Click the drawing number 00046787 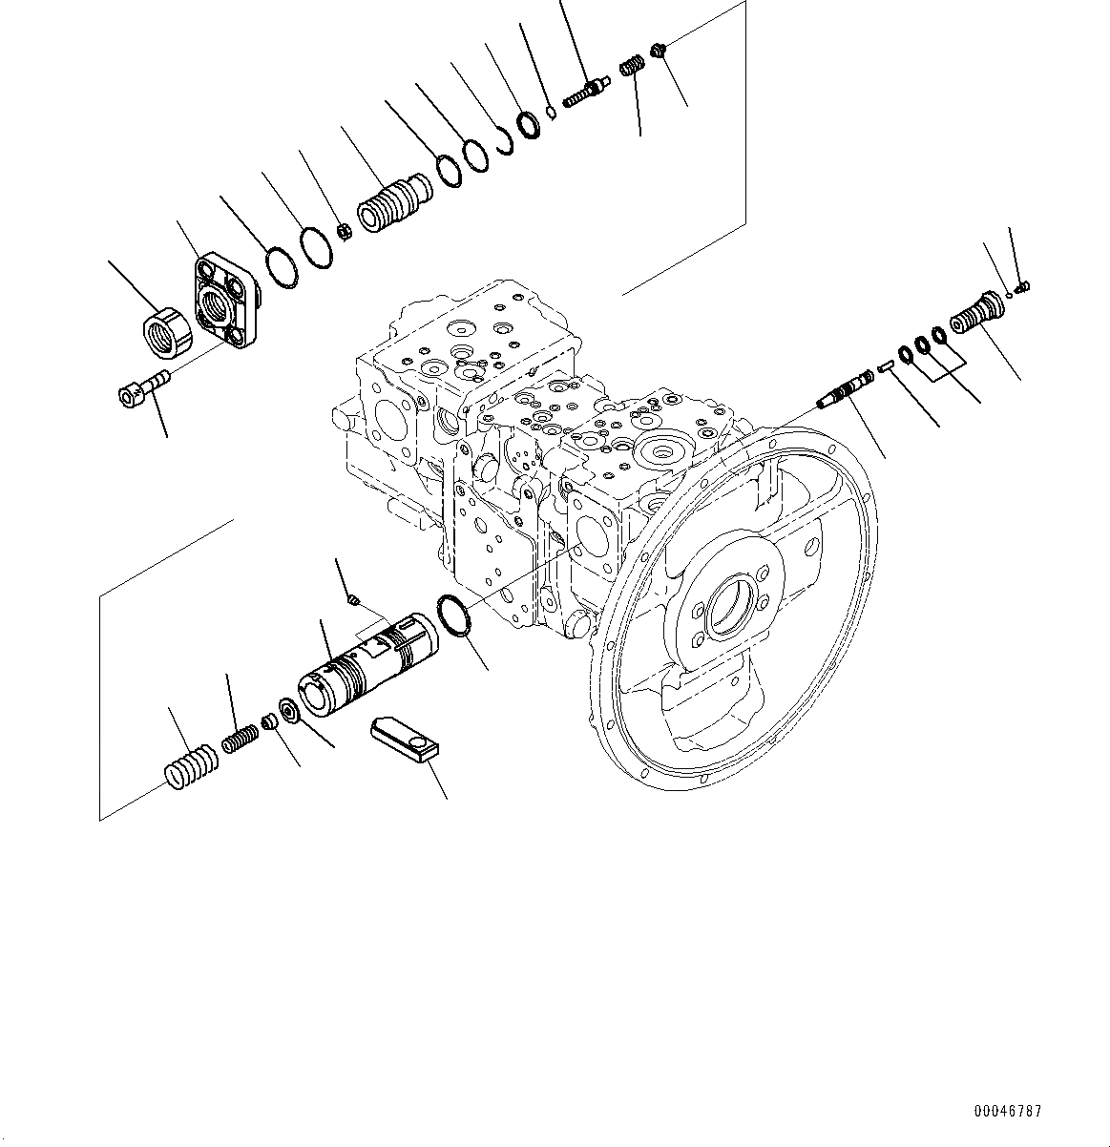(x=1008, y=1112)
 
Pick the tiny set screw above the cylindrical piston (x=353, y=600)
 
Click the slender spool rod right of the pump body (x=849, y=391)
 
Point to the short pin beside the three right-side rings (x=885, y=364)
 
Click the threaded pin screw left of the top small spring (x=585, y=93)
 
